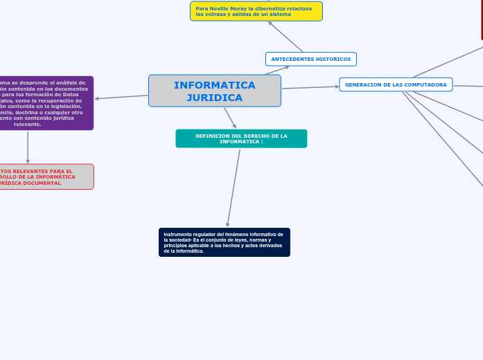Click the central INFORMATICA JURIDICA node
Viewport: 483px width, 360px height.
coord(215,91)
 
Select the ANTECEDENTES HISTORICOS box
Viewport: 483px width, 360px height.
coord(310,60)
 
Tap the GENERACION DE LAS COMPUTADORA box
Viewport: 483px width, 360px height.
coord(396,84)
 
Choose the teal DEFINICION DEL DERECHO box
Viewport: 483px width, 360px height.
coord(241,138)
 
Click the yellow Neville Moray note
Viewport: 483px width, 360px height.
coord(256,11)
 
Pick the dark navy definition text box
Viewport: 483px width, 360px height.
coord(224,242)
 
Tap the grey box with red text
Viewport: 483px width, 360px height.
coord(46,177)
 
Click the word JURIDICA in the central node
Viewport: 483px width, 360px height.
coord(215,98)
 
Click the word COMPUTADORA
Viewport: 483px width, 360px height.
coord(426,84)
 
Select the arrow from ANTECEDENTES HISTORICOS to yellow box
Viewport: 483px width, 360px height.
coord(286,37)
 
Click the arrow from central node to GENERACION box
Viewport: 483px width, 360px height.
coord(310,87)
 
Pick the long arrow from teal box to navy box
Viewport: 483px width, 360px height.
coord(234,188)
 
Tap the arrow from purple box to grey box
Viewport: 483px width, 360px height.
coord(28,147)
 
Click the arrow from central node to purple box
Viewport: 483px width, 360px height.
coord(121,97)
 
